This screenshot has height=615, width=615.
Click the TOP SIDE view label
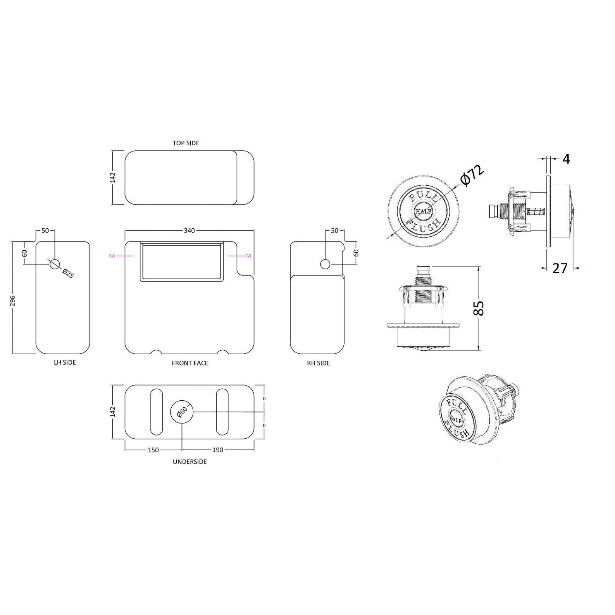click(186, 143)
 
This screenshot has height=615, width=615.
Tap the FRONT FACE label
click(190, 363)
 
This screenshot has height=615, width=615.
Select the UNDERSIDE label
click(189, 462)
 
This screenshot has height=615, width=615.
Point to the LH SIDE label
click(65, 363)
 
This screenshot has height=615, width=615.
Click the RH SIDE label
click(318, 363)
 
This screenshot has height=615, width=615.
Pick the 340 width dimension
click(189, 231)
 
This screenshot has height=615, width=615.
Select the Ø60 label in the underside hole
click(181, 412)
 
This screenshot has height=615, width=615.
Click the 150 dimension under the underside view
click(153, 450)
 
